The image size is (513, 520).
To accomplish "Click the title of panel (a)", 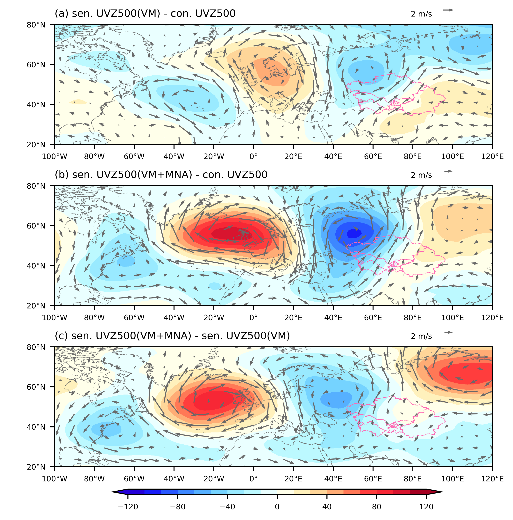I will pos(145,13).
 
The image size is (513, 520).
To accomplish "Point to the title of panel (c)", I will pos(172,336).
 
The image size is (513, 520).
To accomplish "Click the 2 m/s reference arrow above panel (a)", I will pos(448,10).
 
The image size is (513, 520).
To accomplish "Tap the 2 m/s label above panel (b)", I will pos(421,175).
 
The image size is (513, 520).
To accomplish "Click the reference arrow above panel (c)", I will pos(448,332).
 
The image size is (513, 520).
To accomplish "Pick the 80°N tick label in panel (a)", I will pos(36,25).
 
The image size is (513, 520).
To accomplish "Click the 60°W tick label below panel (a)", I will pos(134,157).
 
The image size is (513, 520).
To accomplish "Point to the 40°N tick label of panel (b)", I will pos(36,266).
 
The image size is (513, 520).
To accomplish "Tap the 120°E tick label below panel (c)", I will pos(492,479).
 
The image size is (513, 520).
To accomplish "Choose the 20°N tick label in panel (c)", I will pos(36,467).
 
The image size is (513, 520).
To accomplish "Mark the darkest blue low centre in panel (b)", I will pos(354,233).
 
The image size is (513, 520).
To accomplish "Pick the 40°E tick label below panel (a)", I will pos(333,157).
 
